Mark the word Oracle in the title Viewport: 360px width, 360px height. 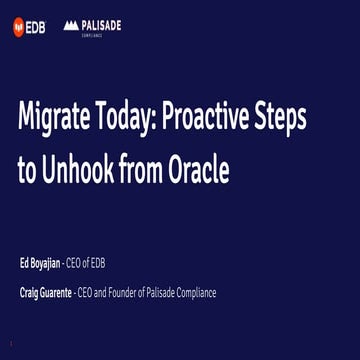click(204, 171)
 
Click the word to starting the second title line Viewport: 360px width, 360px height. click(27, 171)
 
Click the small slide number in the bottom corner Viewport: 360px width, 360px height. click(11, 344)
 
